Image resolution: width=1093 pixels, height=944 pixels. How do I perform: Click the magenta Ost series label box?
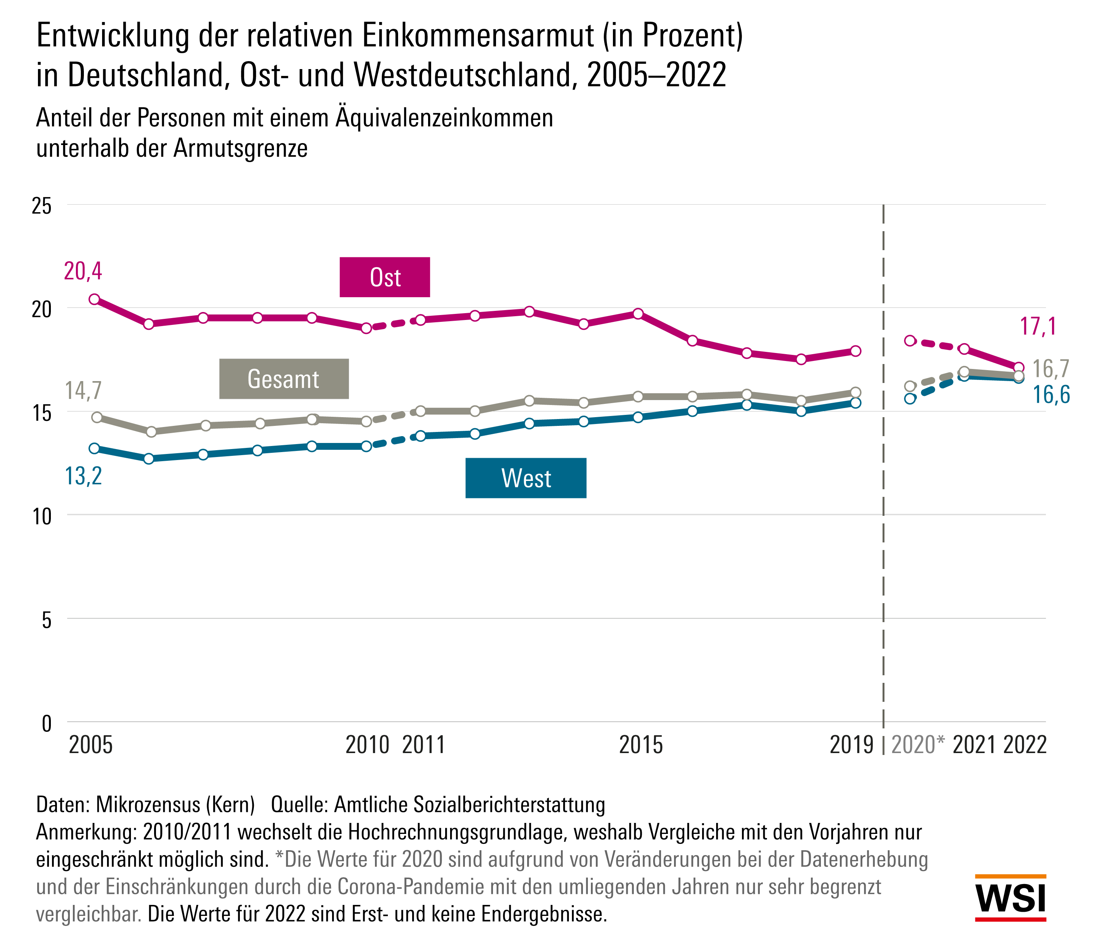(384, 277)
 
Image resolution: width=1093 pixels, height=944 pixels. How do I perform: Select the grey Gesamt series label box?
(284, 379)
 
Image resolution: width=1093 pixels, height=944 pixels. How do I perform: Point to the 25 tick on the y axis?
(42, 206)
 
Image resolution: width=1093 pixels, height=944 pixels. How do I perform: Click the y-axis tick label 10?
(42, 516)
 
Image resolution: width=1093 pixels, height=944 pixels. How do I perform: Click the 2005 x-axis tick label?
(91, 745)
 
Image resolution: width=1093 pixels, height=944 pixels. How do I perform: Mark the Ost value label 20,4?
(83, 271)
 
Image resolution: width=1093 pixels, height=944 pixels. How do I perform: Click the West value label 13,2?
(83, 476)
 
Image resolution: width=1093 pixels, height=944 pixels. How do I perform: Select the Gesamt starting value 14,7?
(83, 391)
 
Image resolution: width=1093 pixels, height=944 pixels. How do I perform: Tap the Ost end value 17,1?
(1038, 326)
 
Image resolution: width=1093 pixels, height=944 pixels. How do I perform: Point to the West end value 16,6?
(1051, 395)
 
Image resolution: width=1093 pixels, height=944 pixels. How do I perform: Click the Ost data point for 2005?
(94, 299)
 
